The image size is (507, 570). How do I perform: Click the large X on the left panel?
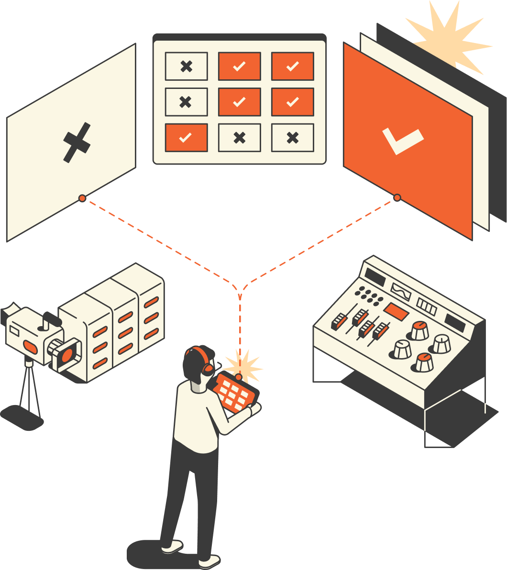[x=77, y=142]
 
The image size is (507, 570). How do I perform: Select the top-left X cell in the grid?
[x=186, y=66]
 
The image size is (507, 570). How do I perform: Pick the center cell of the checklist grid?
[x=239, y=102]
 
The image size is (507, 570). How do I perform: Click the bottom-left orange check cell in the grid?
[x=186, y=138]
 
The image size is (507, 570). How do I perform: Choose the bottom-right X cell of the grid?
[x=292, y=138]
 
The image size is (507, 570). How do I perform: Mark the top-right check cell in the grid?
[x=292, y=66]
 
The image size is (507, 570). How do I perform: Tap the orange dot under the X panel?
[x=82, y=198]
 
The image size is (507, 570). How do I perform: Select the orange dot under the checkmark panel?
[x=397, y=197]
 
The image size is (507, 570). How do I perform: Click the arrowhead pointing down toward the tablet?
[x=239, y=297]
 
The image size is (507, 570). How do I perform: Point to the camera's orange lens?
[x=67, y=354]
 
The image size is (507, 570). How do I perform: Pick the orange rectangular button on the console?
[x=396, y=311]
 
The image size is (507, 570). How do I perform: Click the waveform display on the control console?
[x=401, y=290]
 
